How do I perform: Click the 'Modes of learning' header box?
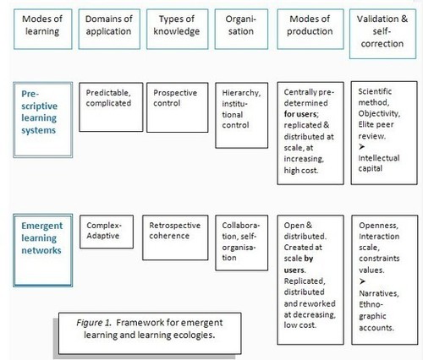tap(43, 29)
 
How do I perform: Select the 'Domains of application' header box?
tap(109, 29)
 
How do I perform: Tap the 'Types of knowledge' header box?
tap(177, 29)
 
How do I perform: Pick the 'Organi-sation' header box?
tap(241, 29)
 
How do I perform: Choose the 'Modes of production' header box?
tap(310, 29)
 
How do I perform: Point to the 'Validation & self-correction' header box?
tap(382, 34)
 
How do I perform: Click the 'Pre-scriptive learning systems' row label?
tap(43, 120)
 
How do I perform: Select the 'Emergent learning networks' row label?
tap(43, 250)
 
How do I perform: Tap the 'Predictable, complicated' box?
tap(111, 107)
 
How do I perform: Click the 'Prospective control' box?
tap(177, 107)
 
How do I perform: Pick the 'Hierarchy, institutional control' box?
tap(241, 115)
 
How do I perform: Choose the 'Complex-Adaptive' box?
tap(107, 232)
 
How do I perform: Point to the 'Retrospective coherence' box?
tap(175, 237)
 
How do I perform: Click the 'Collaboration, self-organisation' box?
tap(241, 243)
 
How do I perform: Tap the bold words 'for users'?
tap(300, 114)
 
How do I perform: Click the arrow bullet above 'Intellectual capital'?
tap(362, 146)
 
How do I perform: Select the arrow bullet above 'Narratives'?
tap(362, 281)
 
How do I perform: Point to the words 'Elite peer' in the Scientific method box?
tap(376, 124)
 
